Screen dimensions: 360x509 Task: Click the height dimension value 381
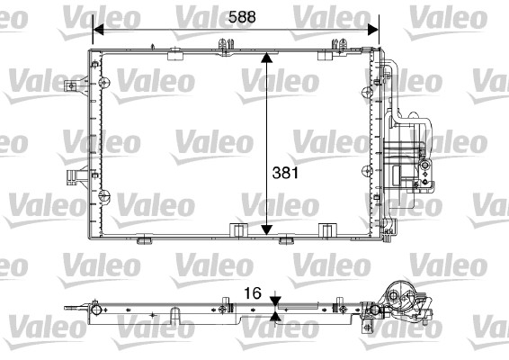pyautogui.click(x=282, y=171)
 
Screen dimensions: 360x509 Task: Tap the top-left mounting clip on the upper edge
pyautogui.click(x=221, y=43)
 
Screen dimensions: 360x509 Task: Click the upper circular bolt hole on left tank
pyautogui.click(x=106, y=85)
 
